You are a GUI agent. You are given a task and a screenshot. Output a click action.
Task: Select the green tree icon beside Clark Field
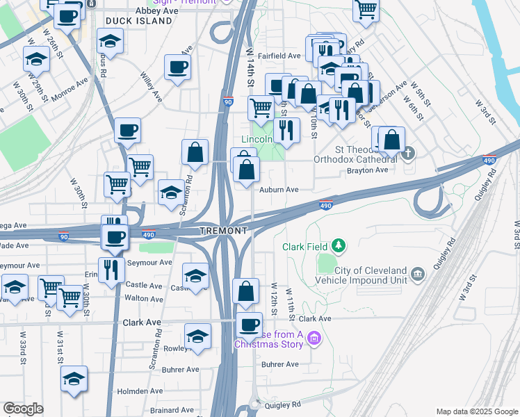click(x=339, y=245)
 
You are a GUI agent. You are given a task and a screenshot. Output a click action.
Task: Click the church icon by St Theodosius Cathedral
click(x=409, y=153)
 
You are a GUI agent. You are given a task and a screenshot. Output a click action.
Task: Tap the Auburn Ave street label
click(x=279, y=189)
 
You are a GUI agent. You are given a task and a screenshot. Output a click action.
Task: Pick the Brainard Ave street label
click(x=172, y=410)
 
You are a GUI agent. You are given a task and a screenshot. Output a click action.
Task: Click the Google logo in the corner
click(x=24, y=409)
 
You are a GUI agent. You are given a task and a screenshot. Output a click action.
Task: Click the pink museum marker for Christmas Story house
click(x=314, y=338)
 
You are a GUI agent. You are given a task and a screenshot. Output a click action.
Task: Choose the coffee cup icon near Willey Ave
click(x=177, y=68)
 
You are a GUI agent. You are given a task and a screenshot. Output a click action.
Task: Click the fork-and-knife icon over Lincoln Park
click(x=285, y=129)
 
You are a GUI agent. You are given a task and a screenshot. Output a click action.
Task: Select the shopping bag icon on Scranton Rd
click(x=195, y=152)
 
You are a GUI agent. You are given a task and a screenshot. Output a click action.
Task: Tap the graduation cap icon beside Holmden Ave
click(x=74, y=379)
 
